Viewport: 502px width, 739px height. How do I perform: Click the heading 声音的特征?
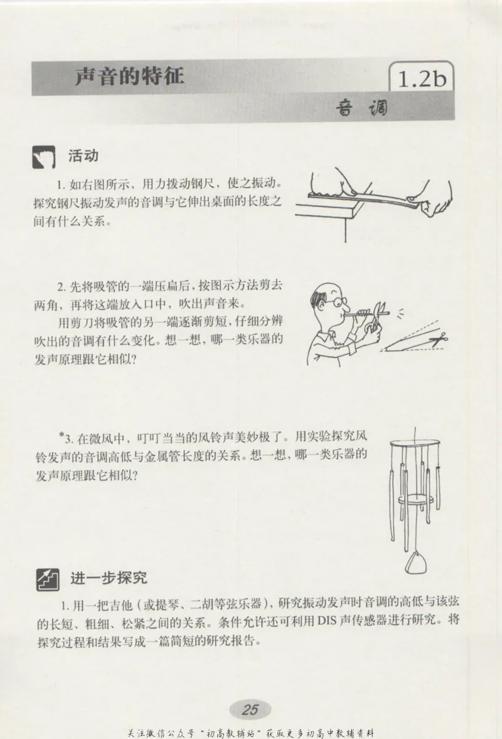[129, 77]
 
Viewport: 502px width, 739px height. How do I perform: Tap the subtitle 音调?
[362, 109]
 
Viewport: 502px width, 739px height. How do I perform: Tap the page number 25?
[250, 710]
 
